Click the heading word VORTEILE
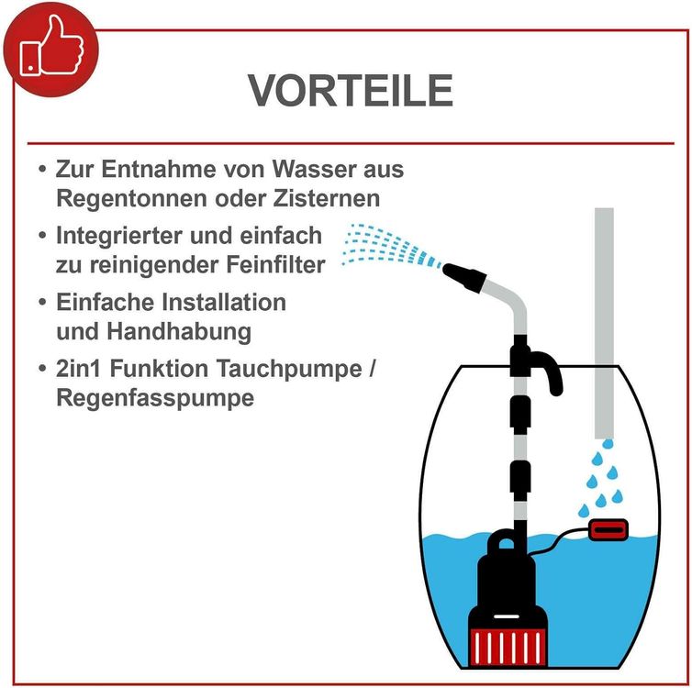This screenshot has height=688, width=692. coord(351,91)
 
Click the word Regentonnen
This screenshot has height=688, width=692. coord(131,198)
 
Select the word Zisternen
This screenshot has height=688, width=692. coord(326,198)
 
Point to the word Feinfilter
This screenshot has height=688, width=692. coord(276,264)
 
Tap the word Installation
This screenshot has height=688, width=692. coord(224,303)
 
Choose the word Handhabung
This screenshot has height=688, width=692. coord(179,332)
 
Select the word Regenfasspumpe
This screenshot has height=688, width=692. coord(155,398)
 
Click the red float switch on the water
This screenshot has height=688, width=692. coord(608,529)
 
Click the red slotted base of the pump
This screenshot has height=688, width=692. coord(508,647)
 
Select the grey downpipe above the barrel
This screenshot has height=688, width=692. coord(604,323)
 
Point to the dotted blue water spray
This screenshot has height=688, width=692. coord(391,247)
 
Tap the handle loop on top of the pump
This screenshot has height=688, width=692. coord(506,541)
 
